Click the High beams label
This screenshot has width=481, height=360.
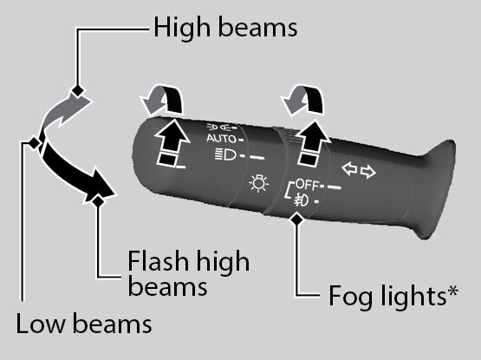tap(225, 28)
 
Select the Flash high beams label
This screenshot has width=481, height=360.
tap(188, 273)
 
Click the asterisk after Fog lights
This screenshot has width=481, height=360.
tap(452, 291)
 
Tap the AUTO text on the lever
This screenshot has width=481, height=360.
tap(221, 139)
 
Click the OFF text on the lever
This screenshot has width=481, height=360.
tap(307, 184)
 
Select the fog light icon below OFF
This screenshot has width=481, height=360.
tap(302, 200)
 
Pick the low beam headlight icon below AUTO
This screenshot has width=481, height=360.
tap(225, 154)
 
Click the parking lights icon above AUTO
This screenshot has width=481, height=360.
tap(218, 127)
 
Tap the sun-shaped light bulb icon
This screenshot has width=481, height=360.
tap(258, 183)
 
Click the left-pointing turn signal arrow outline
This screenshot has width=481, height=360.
tap(350, 169)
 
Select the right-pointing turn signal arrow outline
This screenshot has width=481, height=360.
tap(367, 172)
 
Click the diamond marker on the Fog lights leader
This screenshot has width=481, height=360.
tap(296, 219)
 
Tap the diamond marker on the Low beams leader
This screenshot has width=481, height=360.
tap(34, 142)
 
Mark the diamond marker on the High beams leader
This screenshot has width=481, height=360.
tap(78, 91)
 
